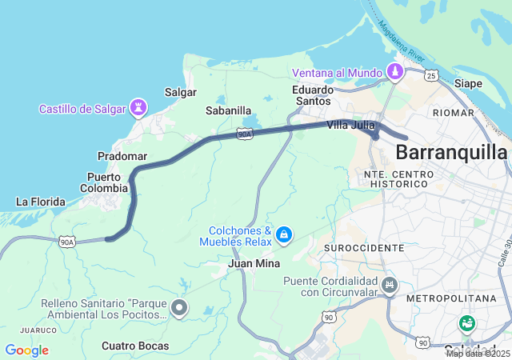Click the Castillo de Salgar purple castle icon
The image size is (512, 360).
coord(140,107)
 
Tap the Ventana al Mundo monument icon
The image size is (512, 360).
coord(394,73)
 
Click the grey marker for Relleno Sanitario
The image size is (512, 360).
coord(179,307)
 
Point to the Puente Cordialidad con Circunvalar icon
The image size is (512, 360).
coord(390,285)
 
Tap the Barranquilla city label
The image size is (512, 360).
coord(451,152)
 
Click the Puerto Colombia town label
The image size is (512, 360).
coord(103,182)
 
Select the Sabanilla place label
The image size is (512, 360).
coord(228,110)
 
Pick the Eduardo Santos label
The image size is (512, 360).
coord(311,95)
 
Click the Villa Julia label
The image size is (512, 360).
coord(350,125)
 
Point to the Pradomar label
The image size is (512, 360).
coord(122,155)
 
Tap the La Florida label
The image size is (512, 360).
coord(40,202)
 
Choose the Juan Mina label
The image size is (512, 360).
coord(253,263)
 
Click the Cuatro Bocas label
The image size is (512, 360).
coord(135,346)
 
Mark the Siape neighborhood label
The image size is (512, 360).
coord(469,83)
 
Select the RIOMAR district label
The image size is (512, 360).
coord(453,113)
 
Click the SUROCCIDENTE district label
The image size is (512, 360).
coord(364,248)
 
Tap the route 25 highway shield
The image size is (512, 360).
coord(431,76)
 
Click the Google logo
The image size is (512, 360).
coord(26,350)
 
